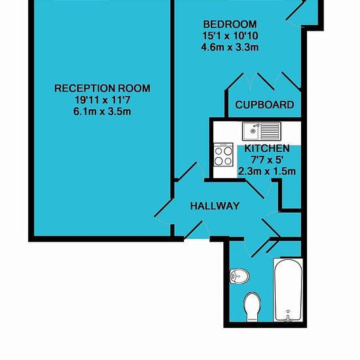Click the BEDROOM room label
pyautogui.click(x=230, y=24)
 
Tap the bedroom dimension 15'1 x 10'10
pyautogui.click(x=230, y=36)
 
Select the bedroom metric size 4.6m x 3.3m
pyautogui.click(x=230, y=48)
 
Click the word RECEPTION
pyautogui.click(x=84, y=88)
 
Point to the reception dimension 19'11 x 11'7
pyautogui.click(x=102, y=100)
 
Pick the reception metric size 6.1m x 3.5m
pyautogui.click(x=102, y=112)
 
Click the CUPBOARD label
pyautogui.click(x=264, y=105)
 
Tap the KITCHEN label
pyautogui.click(x=267, y=149)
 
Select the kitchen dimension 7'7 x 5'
pyautogui.click(x=266, y=160)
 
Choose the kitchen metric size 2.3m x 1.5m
pyautogui.click(x=267, y=171)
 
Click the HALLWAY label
pyautogui.click(x=215, y=206)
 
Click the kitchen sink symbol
pyautogui.click(x=262, y=131)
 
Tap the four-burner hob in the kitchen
pyautogui.click(x=223, y=154)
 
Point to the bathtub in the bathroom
pyautogui.click(x=288, y=290)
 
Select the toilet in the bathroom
pyautogui.click(x=253, y=307)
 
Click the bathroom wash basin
pyautogui.click(x=239, y=276)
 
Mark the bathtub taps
pyautogui.click(x=288, y=317)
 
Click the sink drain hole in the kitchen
pyautogui.click(x=253, y=131)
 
